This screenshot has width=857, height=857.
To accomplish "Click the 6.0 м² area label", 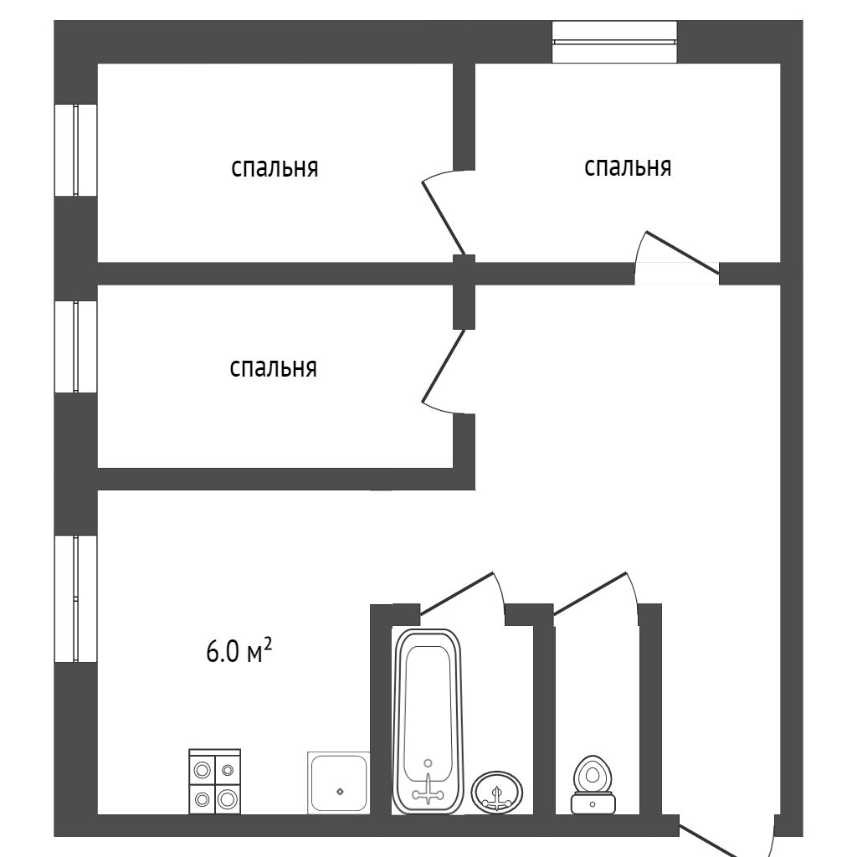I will tap(239, 650).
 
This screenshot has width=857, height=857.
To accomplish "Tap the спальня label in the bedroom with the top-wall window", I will tap(628, 167).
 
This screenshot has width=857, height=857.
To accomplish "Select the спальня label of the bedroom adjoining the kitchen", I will tap(273, 367).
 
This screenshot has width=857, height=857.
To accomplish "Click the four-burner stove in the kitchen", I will tap(215, 782).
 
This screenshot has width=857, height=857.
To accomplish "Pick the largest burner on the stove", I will tap(228, 798).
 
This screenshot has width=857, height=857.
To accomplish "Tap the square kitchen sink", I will tap(339, 783).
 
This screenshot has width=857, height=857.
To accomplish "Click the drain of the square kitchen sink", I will tap(339, 790).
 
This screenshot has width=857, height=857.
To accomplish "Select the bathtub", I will tap(428, 720).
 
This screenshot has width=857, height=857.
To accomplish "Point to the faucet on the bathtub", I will tap(428, 787).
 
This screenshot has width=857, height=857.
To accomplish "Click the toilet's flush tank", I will tap(593, 803).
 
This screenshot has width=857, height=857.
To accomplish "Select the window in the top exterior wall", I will tap(614, 41).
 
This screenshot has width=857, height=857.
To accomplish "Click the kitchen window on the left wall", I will tap(75, 598).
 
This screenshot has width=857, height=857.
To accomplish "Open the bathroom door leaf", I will tap(456, 591).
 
